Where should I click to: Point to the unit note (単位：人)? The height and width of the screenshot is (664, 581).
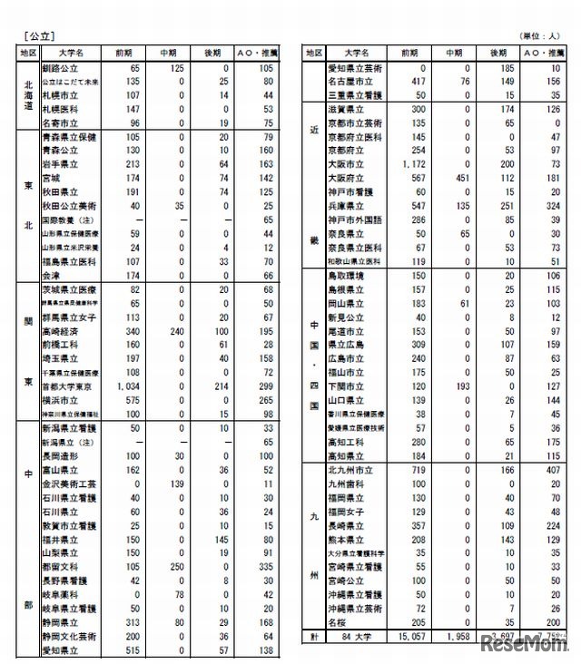coord(541,36)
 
